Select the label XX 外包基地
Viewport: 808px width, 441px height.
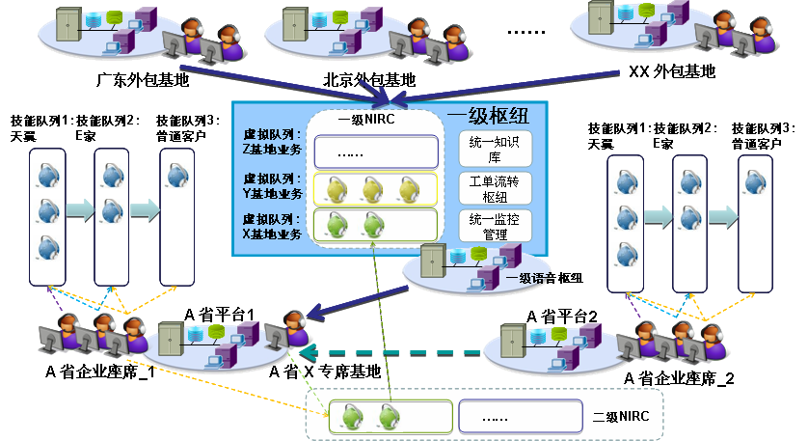pos(672,71)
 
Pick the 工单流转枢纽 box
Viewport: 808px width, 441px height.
pos(494,188)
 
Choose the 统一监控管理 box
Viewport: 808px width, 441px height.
pos(494,226)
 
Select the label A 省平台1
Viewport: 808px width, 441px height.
pos(219,315)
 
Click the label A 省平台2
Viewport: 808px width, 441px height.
pos(563,316)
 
